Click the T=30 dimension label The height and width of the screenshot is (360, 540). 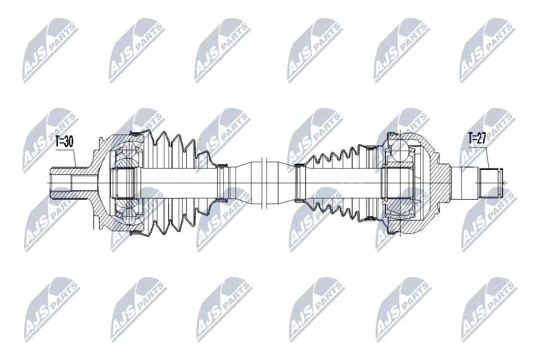coord(64,142)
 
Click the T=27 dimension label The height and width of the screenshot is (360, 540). coord(476,138)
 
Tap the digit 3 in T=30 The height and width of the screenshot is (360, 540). coord(66,142)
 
